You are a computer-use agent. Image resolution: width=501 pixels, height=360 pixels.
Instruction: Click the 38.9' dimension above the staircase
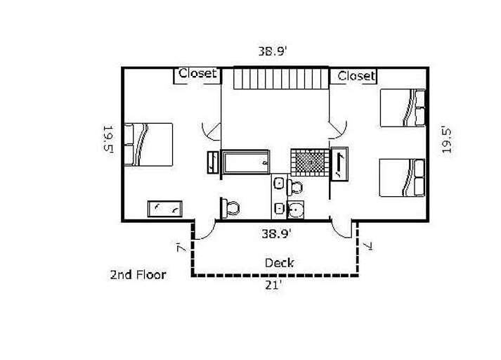click(271, 51)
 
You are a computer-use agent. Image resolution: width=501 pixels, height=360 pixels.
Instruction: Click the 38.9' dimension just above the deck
click(276, 233)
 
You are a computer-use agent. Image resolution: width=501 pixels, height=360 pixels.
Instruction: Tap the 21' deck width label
click(273, 285)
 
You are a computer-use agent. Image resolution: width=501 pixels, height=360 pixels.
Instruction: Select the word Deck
click(279, 263)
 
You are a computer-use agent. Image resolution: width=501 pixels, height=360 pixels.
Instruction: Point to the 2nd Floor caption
click(138, 275)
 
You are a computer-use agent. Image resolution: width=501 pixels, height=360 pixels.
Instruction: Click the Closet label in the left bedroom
click(197, 74)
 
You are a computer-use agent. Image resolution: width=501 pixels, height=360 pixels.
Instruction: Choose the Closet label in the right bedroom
click(356, 76)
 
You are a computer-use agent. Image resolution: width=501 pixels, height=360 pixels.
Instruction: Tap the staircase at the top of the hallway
click(281, 77)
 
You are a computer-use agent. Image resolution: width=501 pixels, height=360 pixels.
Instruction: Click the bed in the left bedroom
click(148, 145)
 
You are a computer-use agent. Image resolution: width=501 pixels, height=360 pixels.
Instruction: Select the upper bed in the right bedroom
click(403, 108)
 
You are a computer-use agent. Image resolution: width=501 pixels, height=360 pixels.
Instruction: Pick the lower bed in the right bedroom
click(402, 178)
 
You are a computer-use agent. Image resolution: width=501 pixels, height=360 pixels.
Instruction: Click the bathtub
click(246, 162)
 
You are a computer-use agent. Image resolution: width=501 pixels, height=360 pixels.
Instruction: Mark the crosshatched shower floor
click(310, 162)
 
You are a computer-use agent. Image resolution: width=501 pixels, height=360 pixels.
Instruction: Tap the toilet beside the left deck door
click(230, 208)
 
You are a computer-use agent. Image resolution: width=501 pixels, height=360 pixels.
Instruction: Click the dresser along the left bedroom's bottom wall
click(165, 209)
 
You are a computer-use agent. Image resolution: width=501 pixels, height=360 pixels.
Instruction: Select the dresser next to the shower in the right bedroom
click(339, 164)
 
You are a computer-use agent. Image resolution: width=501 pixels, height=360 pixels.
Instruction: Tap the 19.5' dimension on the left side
click(108, 140)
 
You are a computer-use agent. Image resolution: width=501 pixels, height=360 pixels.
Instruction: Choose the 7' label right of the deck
click(368, 246)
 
